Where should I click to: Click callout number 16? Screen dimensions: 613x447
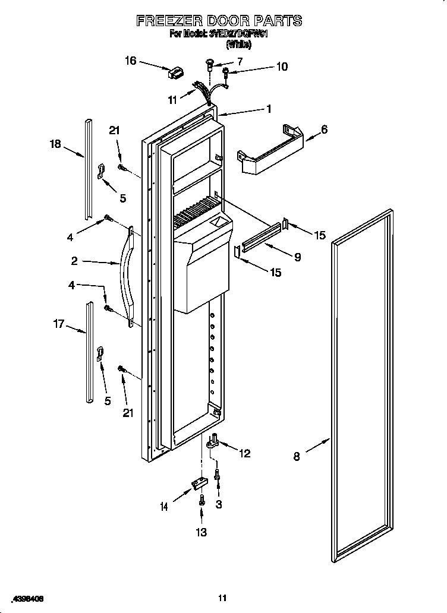131,60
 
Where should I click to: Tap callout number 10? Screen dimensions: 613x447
282,67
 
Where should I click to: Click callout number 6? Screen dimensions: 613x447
324,129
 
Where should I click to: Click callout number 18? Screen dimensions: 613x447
55,144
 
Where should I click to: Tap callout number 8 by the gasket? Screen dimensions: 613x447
297,457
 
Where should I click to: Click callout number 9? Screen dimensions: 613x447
297,257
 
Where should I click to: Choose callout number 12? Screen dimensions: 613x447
244,454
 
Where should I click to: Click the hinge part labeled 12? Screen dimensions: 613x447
213,441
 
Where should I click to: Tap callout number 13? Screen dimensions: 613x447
202,532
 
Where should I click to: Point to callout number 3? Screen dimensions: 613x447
219,504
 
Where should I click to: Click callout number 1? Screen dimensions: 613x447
269,109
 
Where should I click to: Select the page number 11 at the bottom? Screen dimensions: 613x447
223,598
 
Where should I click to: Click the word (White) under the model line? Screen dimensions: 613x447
239,44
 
